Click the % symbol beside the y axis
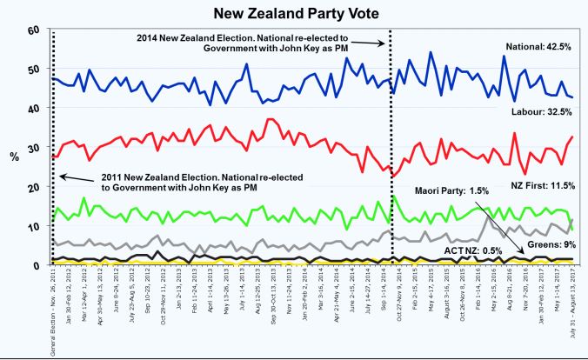(x=13, y=157)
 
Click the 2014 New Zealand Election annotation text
(x=257, y=43)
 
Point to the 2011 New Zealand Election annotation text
(x=188, y=181)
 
